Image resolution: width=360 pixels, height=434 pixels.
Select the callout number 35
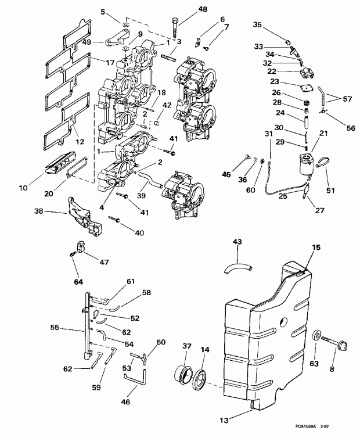[x=257, y=26]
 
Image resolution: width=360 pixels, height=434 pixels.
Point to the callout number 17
[x=110, y=62]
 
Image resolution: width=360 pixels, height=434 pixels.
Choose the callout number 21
[x=323, y=134]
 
